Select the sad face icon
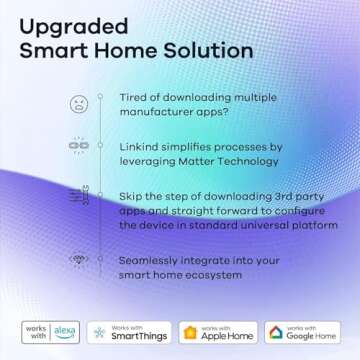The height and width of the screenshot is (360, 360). pos(78,104)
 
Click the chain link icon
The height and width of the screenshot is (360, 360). pos(78,146)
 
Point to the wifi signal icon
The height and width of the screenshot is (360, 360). pos(78,260)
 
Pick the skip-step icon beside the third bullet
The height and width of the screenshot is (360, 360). pos(78,199)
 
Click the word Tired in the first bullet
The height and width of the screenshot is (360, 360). pos(135,97)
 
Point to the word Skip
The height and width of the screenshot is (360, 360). pos(133,196)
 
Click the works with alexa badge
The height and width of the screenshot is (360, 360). pos(50,332)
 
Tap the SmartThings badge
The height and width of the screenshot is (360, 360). pos(130,332)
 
